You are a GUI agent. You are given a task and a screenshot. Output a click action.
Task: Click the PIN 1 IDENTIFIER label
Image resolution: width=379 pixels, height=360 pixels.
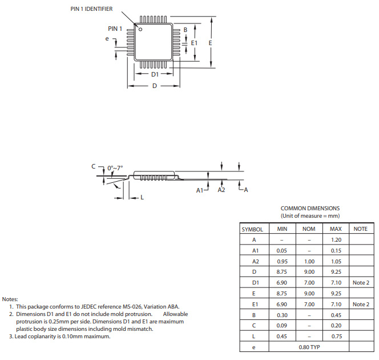(x=91, y=9)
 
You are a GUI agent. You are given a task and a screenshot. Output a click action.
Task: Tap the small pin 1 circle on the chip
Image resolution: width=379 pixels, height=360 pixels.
(x=141, y=29)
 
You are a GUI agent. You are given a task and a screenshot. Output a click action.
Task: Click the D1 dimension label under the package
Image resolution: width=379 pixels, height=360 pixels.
(x=155, y=75)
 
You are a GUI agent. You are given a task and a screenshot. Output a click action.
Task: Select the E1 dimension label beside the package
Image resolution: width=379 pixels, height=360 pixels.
(x=194, y=43)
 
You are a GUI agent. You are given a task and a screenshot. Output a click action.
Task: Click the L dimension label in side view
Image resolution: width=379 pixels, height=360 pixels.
(x=142, y=197)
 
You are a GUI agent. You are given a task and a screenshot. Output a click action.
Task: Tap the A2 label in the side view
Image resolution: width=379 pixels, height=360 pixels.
(x=221, y=190)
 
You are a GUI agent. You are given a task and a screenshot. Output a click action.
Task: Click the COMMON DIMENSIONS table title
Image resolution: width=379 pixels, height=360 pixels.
(x=310, y=209)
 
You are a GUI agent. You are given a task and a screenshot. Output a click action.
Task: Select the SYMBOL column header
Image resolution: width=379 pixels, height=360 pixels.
(x=252, y=229)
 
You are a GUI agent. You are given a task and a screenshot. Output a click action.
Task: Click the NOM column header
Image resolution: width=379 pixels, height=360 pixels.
(x=309, y=229)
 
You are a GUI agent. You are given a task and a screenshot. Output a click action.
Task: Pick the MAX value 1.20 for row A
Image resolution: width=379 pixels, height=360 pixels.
(x=336, y=240)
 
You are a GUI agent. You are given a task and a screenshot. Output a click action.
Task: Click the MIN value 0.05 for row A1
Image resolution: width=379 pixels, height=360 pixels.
(x=282, y=250)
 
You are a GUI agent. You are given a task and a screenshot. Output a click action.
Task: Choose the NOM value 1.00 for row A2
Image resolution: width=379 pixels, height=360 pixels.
(x=309, y=261)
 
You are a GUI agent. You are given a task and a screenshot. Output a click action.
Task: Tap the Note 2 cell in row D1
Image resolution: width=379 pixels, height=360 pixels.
(x=361, y=283)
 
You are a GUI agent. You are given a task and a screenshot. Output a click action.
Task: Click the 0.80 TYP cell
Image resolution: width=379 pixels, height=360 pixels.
(x=309, y=347)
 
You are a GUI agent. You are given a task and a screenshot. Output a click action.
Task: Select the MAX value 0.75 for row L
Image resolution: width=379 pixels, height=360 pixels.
(x=336, y=336)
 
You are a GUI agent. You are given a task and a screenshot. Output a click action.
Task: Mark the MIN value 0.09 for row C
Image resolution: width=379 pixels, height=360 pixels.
(x=282, y=326)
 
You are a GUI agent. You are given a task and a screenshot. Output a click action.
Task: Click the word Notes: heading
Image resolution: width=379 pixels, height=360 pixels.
(x=10, y=299)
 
